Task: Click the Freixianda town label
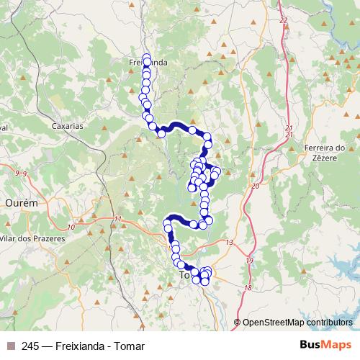click(x=147, y=63)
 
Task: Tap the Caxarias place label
click(x=68, y=125)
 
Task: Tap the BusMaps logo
click(x=325, y=346)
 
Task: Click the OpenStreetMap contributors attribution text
click(x=297, y=323)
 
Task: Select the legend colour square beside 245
click(x=10, y=346)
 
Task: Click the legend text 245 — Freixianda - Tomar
click(x=83, y=346)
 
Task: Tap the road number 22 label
click(x=283, y=20)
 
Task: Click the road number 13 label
click(x=230, y=243)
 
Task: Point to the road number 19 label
click(x=250, y=261)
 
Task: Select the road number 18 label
click(x=248, y=288)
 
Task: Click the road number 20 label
click(x=255, y=186)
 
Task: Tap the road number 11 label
click(x=118, y=220)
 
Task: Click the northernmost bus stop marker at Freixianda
click(x=147, y=57)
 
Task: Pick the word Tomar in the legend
click(x=130, y=346)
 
